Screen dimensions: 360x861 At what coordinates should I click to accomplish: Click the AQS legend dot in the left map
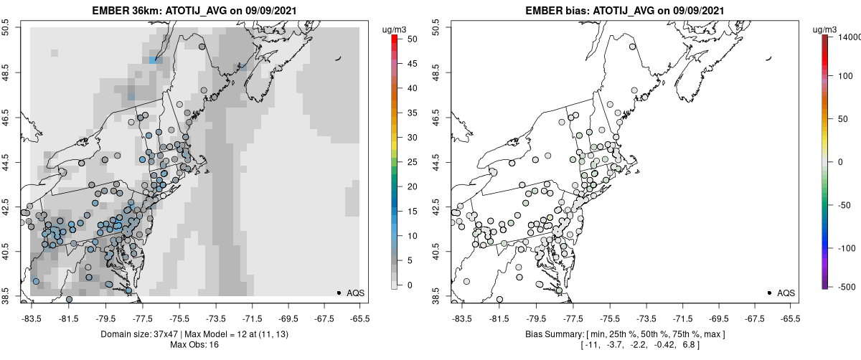click(339, 293)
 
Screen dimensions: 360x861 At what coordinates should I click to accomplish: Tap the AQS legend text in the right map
click(786, 293)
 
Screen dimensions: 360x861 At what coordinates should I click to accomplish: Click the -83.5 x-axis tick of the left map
click(32, 318)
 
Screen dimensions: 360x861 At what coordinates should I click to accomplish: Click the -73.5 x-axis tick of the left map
click(216, 318)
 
